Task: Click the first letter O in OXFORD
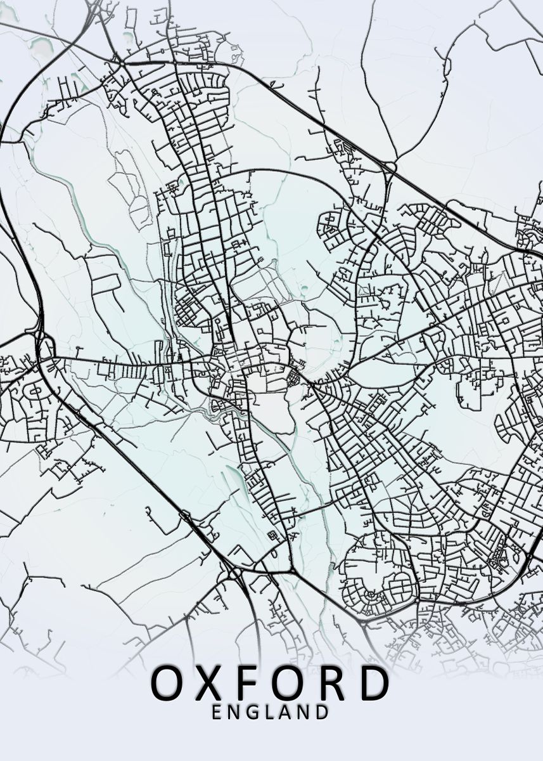[x=167, y=682]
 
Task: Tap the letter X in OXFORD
[x=208, y=682]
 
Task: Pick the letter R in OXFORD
[x=331, y=682]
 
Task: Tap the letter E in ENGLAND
[x=217, y=712]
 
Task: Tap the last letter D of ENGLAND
[x=323, y=712]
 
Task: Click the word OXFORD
[x=270, y=682]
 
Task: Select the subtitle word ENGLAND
[x=270, y=712]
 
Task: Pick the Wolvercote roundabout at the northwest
[x=118, y=62]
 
